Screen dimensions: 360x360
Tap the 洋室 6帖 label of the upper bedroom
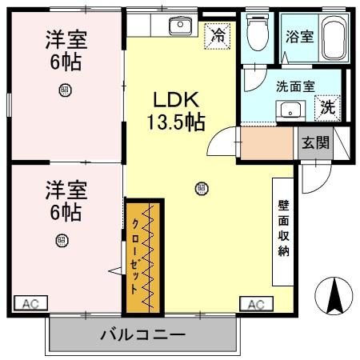point(66,50)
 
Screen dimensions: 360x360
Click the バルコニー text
point(143,334)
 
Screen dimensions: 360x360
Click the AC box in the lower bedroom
point(30,303)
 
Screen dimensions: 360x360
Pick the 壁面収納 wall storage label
point(283,228)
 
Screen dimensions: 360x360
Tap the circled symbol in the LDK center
point(202,189)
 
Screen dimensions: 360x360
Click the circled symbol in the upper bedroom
point(64,90)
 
